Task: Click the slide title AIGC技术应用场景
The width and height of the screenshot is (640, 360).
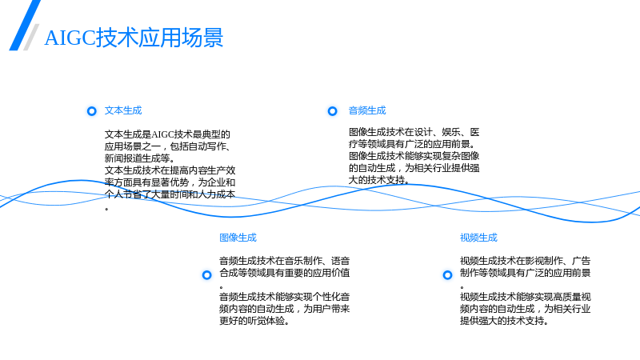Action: (134, 38)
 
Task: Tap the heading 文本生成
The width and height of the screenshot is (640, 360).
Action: (123, 110)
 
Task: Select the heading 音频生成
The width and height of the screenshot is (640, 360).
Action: (367, 110)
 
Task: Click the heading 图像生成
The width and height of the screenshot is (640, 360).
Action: (238, 238)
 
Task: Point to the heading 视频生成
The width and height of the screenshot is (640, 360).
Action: (478, 238)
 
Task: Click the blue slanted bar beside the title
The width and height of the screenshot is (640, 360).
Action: (25, 26)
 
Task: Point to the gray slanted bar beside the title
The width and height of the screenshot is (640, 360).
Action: (31, 37)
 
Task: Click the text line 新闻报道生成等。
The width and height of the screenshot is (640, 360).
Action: (140, 158)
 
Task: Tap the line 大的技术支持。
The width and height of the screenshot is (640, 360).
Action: (378, 180)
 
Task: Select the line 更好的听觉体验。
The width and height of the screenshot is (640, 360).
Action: (254, 321)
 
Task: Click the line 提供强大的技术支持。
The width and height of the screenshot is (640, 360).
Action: (504, 321)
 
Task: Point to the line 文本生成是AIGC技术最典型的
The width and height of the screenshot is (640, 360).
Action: (167, 134)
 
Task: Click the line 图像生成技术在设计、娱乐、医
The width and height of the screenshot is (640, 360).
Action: (414, 132)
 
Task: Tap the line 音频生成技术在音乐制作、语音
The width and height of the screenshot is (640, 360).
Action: (285, 261)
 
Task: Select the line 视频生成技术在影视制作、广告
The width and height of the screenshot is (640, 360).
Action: (526, 261)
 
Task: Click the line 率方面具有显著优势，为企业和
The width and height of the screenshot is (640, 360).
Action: (170, 182)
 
